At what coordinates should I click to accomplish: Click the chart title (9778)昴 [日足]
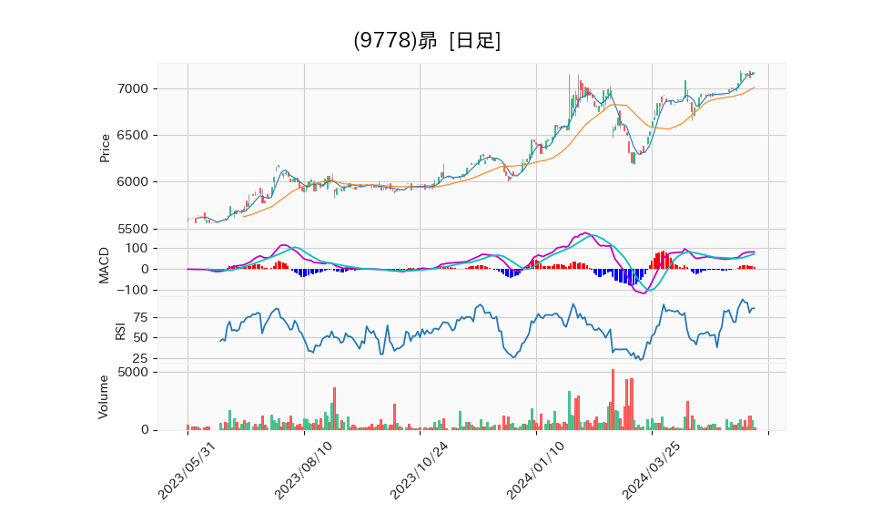pos(427,41)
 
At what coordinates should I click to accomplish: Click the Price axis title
pos(105,148)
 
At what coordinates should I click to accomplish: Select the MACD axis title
pos(105,264)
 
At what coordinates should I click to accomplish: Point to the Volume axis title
pos(105,396)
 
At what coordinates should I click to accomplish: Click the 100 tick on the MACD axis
pos(137,248)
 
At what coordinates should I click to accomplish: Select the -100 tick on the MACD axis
pos(134,290)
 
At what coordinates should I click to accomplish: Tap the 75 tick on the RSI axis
pos(141,317)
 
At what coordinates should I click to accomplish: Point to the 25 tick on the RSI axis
pos(141,358)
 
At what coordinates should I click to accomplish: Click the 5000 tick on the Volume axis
pos(133,372)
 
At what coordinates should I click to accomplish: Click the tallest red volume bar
pos(613,399)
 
